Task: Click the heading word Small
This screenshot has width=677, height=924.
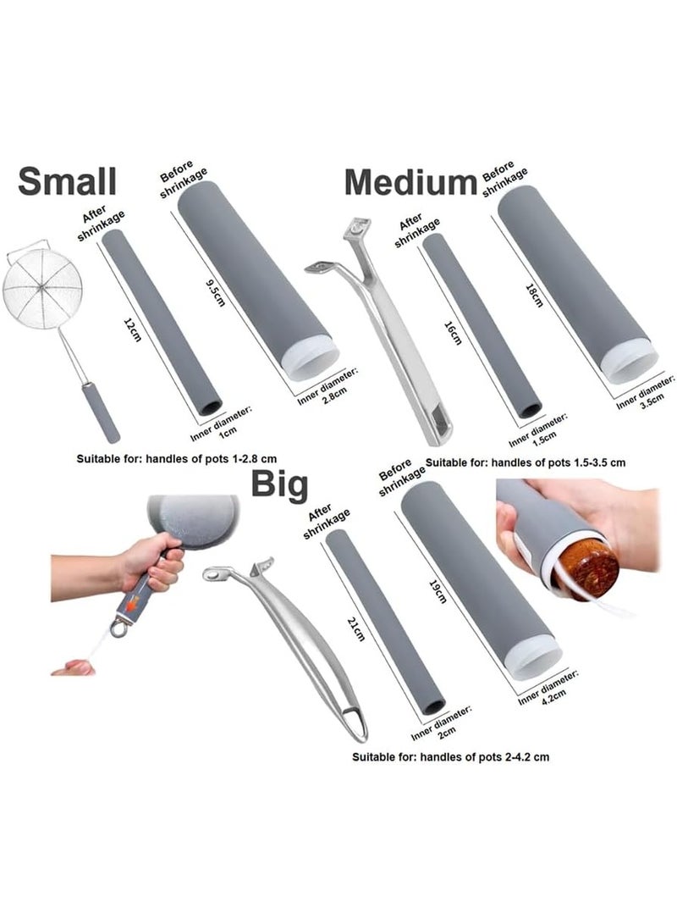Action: (x=67, y=181)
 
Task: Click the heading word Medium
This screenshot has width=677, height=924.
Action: (x=410, y=182)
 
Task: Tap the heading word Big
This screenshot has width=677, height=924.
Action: (x=280, y=485)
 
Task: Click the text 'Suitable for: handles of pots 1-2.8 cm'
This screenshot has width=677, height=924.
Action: (x=177, y=458)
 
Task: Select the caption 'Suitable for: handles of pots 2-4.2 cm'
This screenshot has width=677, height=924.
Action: (x=451, y=756)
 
